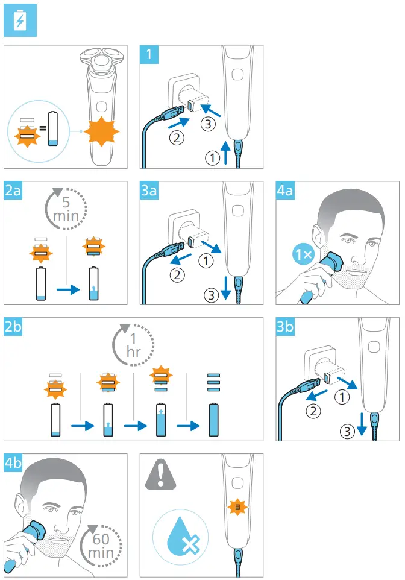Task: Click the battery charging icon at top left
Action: pos(20,21)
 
